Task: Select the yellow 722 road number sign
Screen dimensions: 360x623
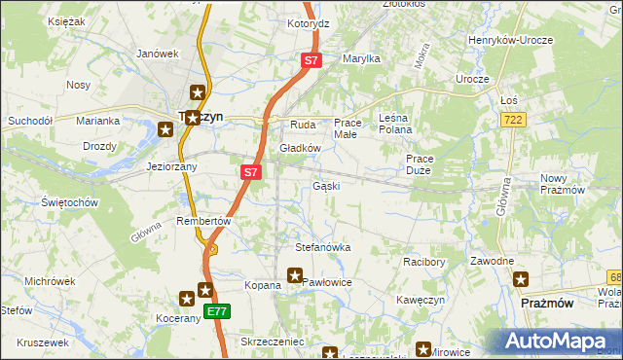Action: (515, 119)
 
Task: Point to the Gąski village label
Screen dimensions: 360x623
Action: (325, 186)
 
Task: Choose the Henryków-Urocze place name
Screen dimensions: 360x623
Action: (511, 40)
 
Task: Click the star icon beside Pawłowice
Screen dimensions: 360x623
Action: (295, 276)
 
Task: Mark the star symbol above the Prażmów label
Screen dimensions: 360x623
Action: (523, 279)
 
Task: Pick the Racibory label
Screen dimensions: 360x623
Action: (423, 262)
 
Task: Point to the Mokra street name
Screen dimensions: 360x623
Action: (422, 55)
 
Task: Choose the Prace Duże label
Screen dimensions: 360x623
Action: (419, 163)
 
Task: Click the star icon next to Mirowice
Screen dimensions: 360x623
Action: (424, 350)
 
